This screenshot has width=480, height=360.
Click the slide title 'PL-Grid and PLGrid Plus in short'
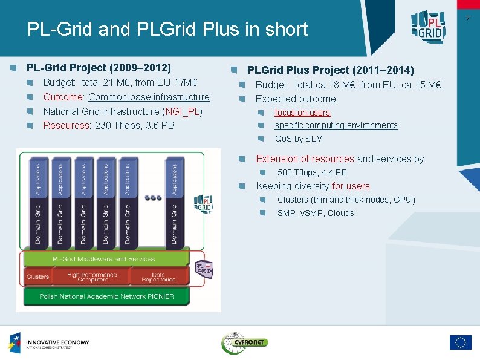[167, 29]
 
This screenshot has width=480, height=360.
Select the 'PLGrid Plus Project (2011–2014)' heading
[330, 70]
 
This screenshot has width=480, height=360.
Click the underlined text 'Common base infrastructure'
[149, 97]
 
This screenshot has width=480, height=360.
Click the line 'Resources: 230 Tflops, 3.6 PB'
[109, 126]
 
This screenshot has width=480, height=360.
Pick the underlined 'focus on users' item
[302, 113]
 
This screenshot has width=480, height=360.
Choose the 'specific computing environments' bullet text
[336, 125]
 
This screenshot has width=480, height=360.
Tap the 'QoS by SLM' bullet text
[299, 139]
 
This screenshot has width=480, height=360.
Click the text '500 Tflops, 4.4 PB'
[312, 172]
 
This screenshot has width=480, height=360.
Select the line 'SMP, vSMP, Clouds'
[316, 213]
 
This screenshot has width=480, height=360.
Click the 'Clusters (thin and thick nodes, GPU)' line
[346, 200]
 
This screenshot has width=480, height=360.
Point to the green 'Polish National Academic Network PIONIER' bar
[106, 296]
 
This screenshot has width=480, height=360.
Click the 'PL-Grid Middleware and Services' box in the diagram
[105, 259]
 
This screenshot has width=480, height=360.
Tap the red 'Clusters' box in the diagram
[37, 277]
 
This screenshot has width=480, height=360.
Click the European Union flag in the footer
[460, 342]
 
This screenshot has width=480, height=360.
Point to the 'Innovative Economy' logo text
[57, 343]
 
